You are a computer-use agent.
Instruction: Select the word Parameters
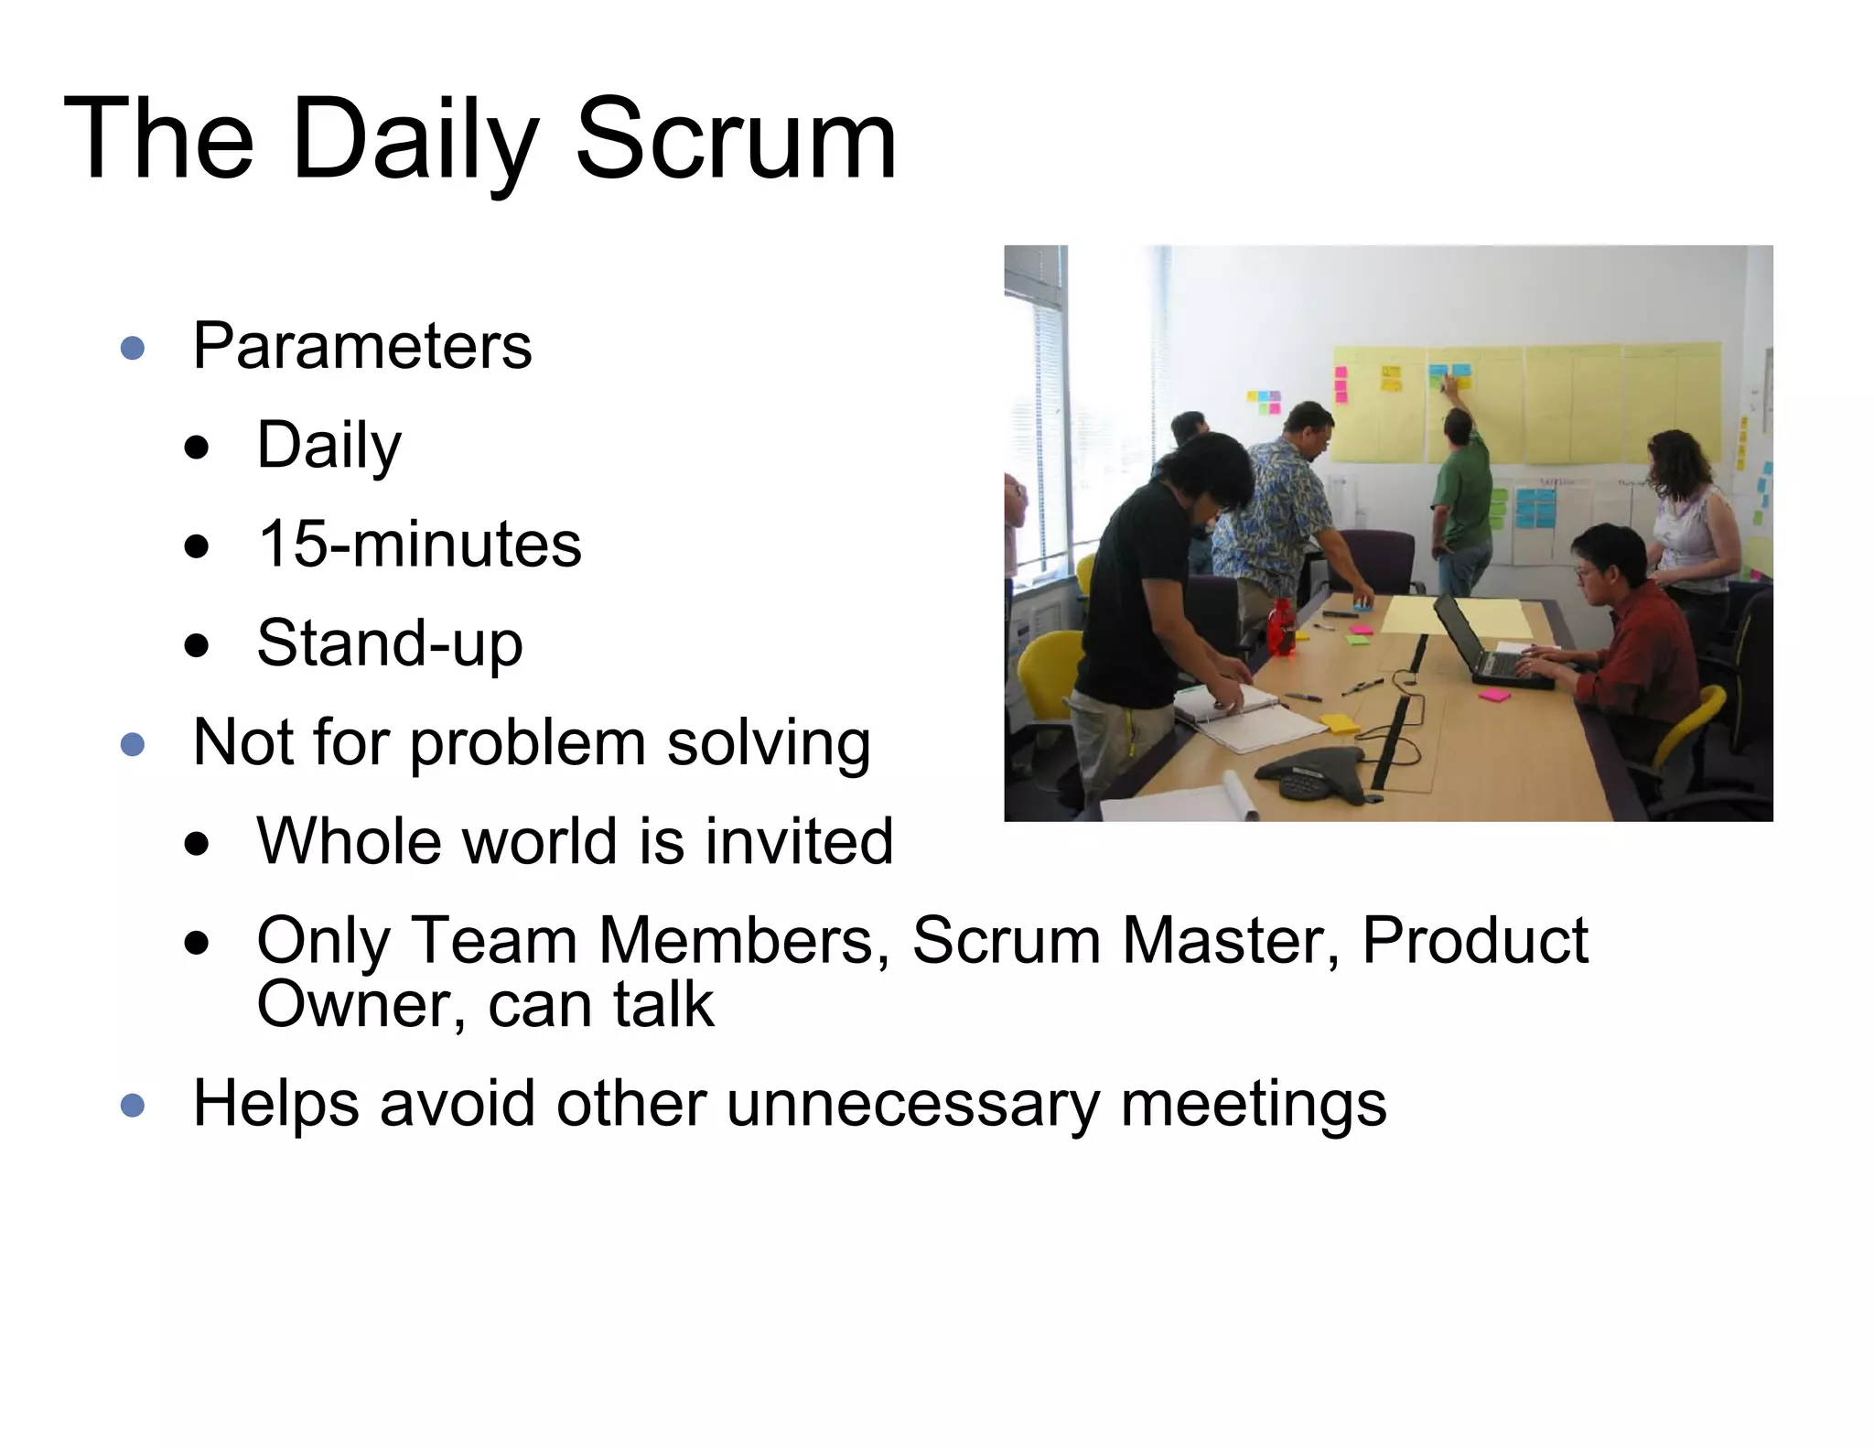tap(362, 347)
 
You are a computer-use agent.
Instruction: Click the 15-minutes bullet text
tap(419, 545)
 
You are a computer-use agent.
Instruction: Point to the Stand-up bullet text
tap(390, 643)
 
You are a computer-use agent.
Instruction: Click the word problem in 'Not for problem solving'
tap(527, 742)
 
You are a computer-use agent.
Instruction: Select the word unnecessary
tap(912, 1104)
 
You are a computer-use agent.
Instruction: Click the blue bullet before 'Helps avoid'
tap(133, 1106)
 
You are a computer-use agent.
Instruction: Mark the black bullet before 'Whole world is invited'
tap(196, 844)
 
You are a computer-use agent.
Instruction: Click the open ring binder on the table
tap(1244, 714)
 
